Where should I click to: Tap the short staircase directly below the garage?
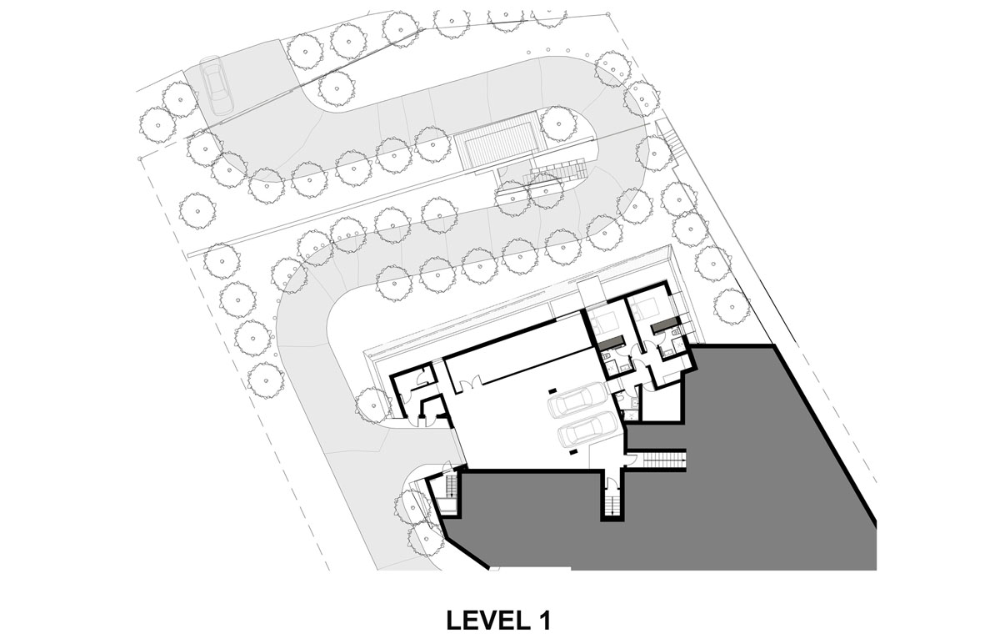pos(612,502)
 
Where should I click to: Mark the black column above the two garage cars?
pos(552,391)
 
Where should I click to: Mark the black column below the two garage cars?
pos(573,452)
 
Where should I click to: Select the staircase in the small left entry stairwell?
pos(452,486)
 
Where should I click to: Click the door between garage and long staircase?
pos(629,459)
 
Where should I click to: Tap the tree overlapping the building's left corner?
pos(373,405)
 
